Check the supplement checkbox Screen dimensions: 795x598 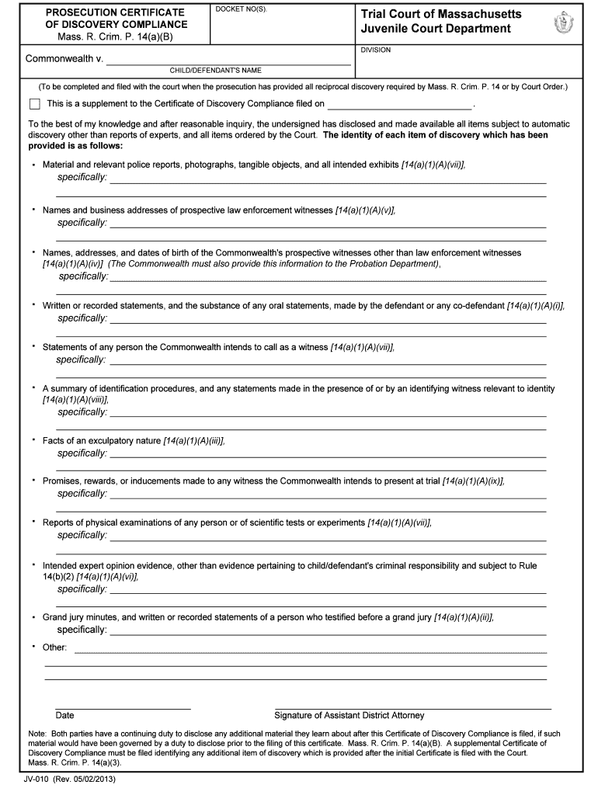tap(34, 104)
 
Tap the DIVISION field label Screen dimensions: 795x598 tap(376, 50)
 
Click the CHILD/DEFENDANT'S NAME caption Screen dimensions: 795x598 tap(216, 70)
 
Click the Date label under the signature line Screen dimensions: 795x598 tap(64, 715)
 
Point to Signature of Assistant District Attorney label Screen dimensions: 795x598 tap(349, 715)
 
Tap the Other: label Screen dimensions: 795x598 tap(54, 647)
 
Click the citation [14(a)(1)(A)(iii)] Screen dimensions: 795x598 tap(193, 441)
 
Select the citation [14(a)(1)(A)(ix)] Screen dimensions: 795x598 tap(473, 481)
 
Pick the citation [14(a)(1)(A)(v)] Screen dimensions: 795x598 tap(365, 210)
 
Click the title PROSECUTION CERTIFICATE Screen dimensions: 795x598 tap(115, 13)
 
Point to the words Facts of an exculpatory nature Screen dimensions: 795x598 tap(101, 441)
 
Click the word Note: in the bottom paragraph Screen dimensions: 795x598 tap(38, 734)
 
